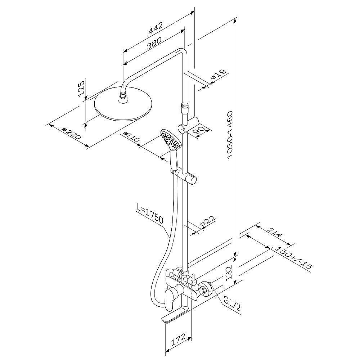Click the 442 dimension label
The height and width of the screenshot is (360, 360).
pyautogui.click(x=156, y=28)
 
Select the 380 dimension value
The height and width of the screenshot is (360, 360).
pyautogui.click(x=154, y=43)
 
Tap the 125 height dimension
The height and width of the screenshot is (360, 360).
pyautogui.click(x=82, y=89)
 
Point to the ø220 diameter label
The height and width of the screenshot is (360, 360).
pyautogui.click(x=72, y=134)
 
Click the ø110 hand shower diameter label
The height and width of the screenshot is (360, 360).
pyautogui.click(x=131, y=137)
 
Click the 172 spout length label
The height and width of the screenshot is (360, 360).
pyautogui.click(x=179, y=339)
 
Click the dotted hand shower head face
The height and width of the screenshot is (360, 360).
pyautogui.click(x=170, y=140)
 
